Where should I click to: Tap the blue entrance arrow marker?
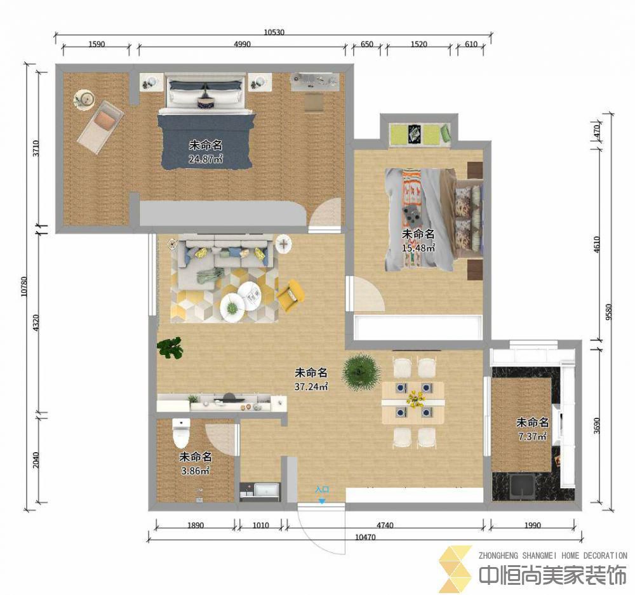321,501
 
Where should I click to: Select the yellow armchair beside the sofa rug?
290,295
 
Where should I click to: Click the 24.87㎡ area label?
206,159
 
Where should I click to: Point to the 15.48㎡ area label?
418,248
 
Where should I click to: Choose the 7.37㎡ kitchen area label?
533,436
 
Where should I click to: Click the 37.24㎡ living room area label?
311,387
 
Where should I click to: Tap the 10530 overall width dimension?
274,32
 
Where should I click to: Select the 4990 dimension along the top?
242,44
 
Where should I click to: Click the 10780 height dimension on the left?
24,286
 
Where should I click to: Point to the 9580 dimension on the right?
608,312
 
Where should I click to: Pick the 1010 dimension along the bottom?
260,525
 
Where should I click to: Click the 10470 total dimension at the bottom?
365,537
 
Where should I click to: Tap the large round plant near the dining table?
361,372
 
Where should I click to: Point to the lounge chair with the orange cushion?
100,127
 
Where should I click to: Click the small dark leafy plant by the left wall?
170,348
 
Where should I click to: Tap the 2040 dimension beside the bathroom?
36,460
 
